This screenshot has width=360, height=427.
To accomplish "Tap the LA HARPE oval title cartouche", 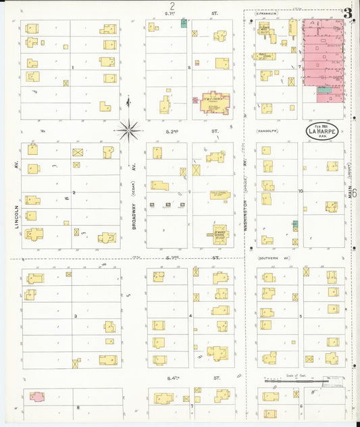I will [x=322, y=132].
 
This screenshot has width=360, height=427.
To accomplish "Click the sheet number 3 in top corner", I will [x=347, y=13].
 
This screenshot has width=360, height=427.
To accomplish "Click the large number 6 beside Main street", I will [x=353, y=194].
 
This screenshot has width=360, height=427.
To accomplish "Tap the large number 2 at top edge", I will [x=172, y=5].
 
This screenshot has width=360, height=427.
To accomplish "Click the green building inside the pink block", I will [x=325, y=89].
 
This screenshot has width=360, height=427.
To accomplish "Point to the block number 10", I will [x=300, y=191].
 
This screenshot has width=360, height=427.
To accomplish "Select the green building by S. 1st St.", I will [x=184, y=23].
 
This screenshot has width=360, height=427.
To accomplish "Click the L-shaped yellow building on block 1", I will [x=105, y=106].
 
